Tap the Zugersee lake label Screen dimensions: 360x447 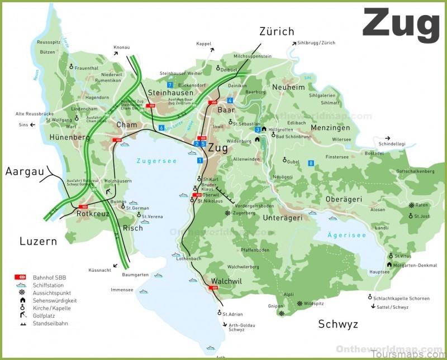pos(156,161)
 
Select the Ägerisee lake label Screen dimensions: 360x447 pos(346,236)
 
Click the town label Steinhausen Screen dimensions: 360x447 pos(170,93)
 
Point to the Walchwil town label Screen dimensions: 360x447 pos(226,281)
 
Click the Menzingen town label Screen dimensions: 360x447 pos(330,128)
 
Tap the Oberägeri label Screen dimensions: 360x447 pos(344,199)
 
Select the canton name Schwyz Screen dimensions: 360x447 pos(338,324)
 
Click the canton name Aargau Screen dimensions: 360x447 pos(25,171)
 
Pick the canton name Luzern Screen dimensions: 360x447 pos(38,242)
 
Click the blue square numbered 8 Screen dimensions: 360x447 pos(311,163)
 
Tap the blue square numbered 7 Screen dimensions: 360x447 pos(169,84)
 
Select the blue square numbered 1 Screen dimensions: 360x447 pos(199,161)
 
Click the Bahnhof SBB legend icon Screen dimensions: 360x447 pos(20,277)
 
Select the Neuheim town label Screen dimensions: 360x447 pos(289,87)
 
